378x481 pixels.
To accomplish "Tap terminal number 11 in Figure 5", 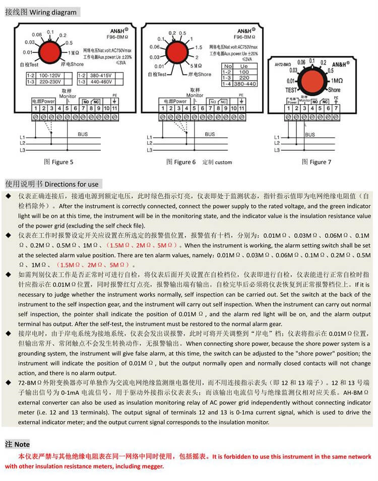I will (x=114, y=108).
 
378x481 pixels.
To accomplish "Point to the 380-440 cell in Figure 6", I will (x=245, y=84).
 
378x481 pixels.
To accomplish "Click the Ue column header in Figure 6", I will (x=244, y=66).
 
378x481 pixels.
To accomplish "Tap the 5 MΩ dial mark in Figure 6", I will (x=196, y=66).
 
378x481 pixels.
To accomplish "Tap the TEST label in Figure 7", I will (x=292, y=90).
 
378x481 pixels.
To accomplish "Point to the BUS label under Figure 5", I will (x=83, y=134).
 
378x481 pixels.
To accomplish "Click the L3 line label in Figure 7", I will (x=276, y=150).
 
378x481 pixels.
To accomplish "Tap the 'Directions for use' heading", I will (x=75, y=184).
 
